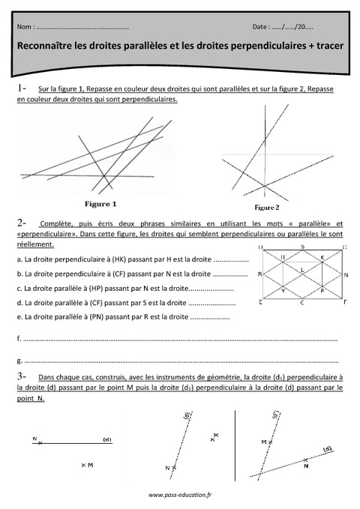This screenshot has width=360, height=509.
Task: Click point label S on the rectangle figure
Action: [x=302, y=247]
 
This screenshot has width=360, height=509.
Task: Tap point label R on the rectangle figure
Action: [x=259, y=275]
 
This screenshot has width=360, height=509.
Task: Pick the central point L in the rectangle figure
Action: [x=302, y=269]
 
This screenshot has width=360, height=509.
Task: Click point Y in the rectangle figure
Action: [x=283, y=289]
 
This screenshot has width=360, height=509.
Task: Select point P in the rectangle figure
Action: [x=322, y=289]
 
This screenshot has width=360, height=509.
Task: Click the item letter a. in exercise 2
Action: [x=18, y=259]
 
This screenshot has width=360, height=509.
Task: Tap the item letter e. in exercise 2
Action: [x=18, y=317]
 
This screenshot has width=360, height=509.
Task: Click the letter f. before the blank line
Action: [x=18, y=339]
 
